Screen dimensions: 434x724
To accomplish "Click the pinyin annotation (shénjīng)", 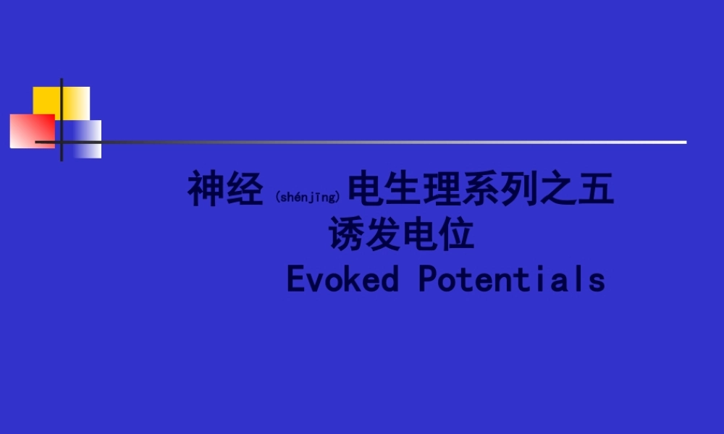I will pyautogui.click(x=308, y=197).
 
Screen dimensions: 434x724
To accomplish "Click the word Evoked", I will pyautogui.click(x=342, y=280).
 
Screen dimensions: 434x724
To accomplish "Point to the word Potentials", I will pyautogui.click(x=511, y=280).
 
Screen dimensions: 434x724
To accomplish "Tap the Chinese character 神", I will pyautogui.click(x=206, y=190).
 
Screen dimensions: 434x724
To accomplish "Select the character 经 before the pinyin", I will pyautogui.click(x=245, y=190).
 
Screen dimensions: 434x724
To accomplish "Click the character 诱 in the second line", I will pyautogui.click(x=348, y=235).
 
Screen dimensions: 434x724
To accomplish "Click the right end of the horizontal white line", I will pyautogui.click(x=683, y=142).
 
